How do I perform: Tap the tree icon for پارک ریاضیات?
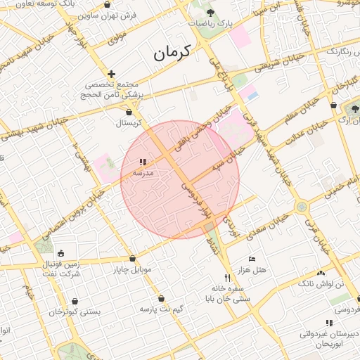[211, 12]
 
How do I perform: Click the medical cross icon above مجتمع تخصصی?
[111, 74]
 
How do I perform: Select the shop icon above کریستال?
[129, 111]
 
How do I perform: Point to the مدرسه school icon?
[143, 162]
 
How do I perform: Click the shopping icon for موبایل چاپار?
[133, 258]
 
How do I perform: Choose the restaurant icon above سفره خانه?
[226, 277]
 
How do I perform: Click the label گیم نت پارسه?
[162, 309]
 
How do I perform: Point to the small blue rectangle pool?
[253, 95]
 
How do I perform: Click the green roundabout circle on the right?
[302, 207]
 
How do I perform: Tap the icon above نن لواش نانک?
[321, 273]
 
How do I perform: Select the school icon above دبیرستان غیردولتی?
[328, 323]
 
